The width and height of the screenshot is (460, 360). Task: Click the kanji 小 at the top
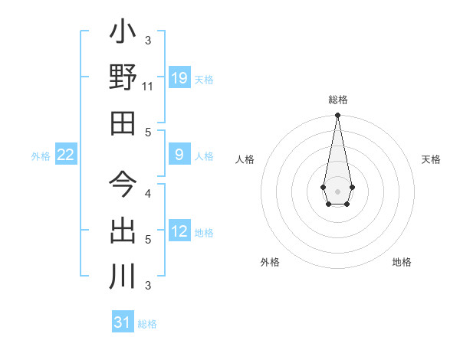pyautogui.click(x=123, y=34)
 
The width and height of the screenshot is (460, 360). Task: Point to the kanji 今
pyautogui.click(x=123, y=184)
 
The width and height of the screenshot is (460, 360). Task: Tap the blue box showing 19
pyautogui.click(x=179, y=77)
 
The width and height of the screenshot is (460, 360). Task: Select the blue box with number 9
pyautogui.click(x=179, y=155)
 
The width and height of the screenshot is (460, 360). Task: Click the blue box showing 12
pyautogui.click(x=179, y=231)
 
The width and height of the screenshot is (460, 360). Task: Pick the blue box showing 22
pyautogui.click(x=65, y=155)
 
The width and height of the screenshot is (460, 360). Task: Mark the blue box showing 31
pyautogui.click(x=123, y=322)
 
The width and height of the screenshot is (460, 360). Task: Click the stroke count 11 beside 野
pyautogui.click(x=148, y=87)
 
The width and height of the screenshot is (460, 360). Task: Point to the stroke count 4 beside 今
pyautogui.click(x=148, y=193)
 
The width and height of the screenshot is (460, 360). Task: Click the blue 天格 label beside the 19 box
pyautogui.click(x=204, y=79)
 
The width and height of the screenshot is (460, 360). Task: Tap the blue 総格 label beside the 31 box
pyautogui.click(x=147, y=324)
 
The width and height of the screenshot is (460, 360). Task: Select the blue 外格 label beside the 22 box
pyautogui.click(x=41, y=156)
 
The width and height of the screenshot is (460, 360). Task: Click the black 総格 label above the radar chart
pyautogui.click(x=337, y=100)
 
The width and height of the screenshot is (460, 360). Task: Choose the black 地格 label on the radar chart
pyautogui.click(x=402, y=262)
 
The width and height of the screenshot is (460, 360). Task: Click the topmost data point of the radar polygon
pyautogui.click(x=337, y=116)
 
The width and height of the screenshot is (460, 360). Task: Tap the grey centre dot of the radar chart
pyautogui.click(x=337, y=190)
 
